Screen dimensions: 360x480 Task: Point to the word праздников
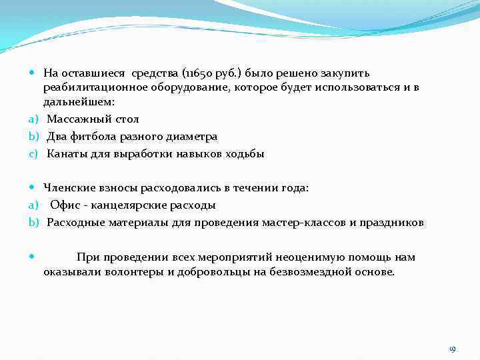393,223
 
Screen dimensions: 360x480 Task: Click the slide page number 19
452,349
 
